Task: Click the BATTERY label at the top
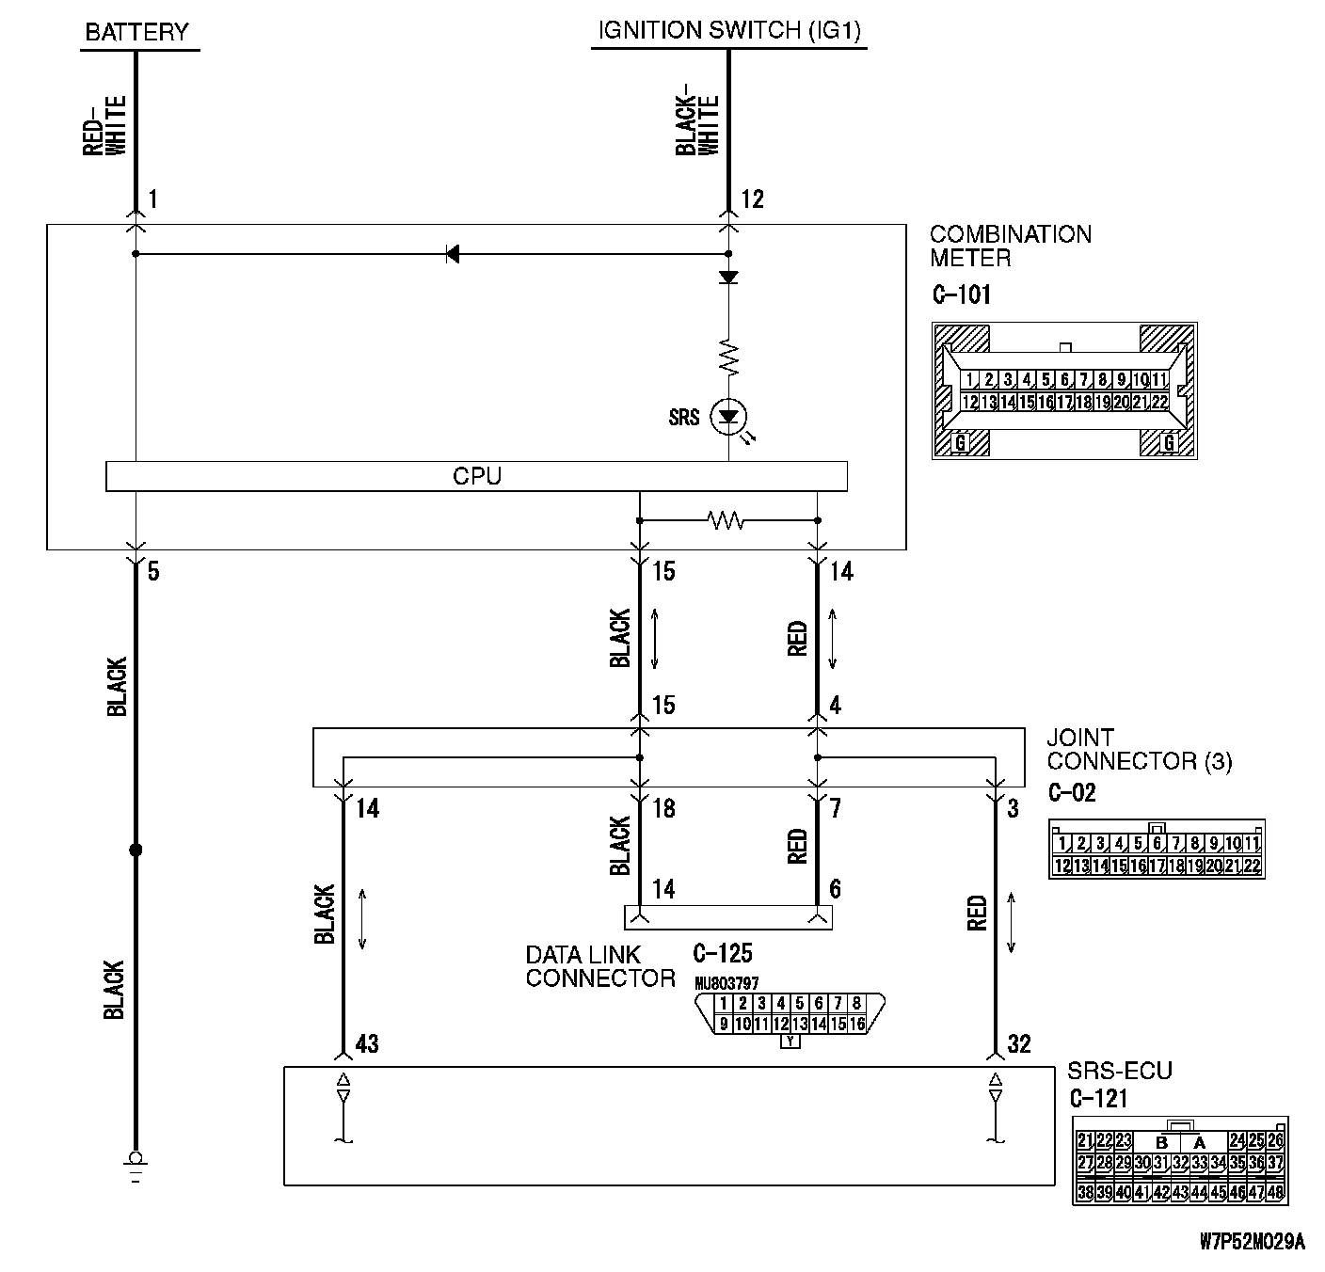click(x=137, y=32)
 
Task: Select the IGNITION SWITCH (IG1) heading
click(x=729, y=31)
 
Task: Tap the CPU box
click(x=476, y=476)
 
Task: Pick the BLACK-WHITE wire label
click(x=697, y=125)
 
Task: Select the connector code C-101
click(x=961, y=295)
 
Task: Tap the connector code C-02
click(x=1072, y=793)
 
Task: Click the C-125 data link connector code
click(x=722, y=954)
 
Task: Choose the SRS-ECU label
click(x=1119, y=1072)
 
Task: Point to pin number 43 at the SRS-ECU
click(x=366, y=1044)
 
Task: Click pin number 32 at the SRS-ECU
click(x=1018, y=1044)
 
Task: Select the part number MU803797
click(x=726, y=984)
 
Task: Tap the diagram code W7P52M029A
click(x=1253, y=1243)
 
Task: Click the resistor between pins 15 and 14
click(x=726, y=520)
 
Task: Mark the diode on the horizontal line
click(x=453, y=254)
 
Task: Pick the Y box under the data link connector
click(x=790, y=1041)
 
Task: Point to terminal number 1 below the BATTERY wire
click(x=152, y=199)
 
